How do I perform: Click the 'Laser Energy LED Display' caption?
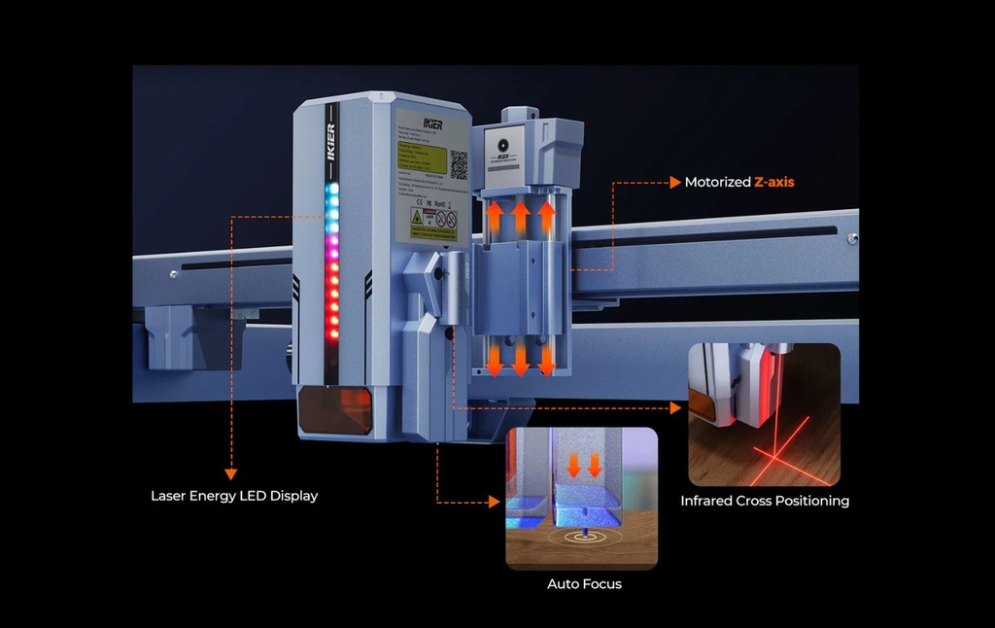[x=234, y=496]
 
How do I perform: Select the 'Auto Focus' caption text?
[x=584, y=584]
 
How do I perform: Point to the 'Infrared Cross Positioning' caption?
[x=765, y=501]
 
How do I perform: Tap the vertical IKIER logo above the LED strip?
[x=330, y=141]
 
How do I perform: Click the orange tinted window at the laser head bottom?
[x=334, y=409]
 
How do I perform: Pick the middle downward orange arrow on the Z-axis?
[x=521, y=357]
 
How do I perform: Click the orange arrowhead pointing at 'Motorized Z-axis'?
[x=673, y=182]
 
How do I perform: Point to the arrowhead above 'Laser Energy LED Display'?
[x=231, y=473]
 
